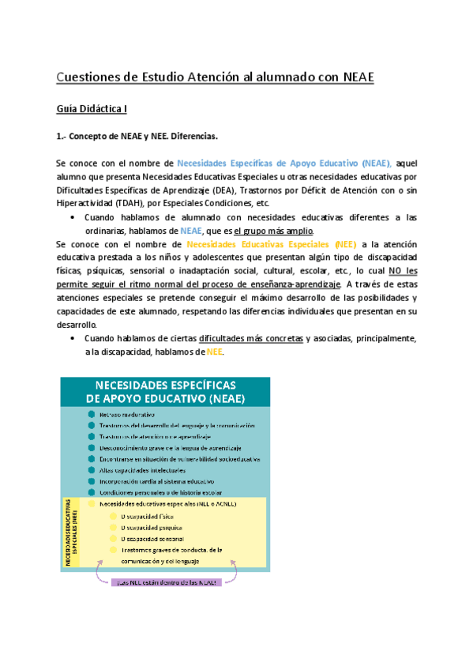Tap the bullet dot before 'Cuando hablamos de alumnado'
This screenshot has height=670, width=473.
pyautogui.click(x=73, y=216)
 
